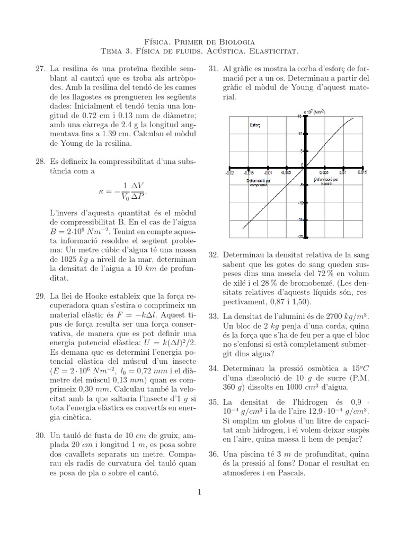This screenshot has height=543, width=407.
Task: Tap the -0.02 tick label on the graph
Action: point(228,172)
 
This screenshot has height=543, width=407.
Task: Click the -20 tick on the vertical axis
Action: point(300,237)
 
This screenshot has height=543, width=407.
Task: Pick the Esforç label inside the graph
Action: point(255,126)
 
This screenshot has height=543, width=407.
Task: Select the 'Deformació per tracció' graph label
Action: point(330,182)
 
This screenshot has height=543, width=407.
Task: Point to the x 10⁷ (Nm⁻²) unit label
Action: point(314,112)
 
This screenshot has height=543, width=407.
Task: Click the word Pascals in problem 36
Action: point(293,474)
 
